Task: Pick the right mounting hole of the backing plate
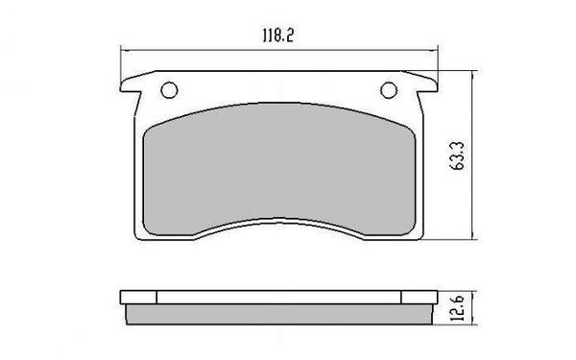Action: point(390,91)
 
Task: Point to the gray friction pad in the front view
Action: point(279,173)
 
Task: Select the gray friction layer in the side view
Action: point(279,314)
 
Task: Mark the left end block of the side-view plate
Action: point(139,296)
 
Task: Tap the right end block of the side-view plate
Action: point(420,296)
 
